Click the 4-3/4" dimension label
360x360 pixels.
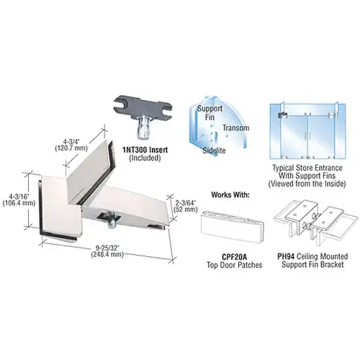(71, 140)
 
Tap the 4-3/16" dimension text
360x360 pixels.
(19, 197)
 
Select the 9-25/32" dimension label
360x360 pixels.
(107, 247)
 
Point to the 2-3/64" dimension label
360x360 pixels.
(185, 202)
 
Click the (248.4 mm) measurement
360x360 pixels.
(107, 254)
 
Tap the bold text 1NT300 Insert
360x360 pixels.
(145, 150)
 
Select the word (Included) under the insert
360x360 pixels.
(145, 158)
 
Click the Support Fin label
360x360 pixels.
(210, 113)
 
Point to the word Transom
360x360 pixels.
(235, 127)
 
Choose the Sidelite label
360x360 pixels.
(214, 150)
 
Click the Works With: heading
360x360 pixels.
(230, 194)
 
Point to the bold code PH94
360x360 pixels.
(286, 256)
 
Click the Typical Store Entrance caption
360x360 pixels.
(307, 176)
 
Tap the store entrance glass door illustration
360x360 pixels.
(307, 131)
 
